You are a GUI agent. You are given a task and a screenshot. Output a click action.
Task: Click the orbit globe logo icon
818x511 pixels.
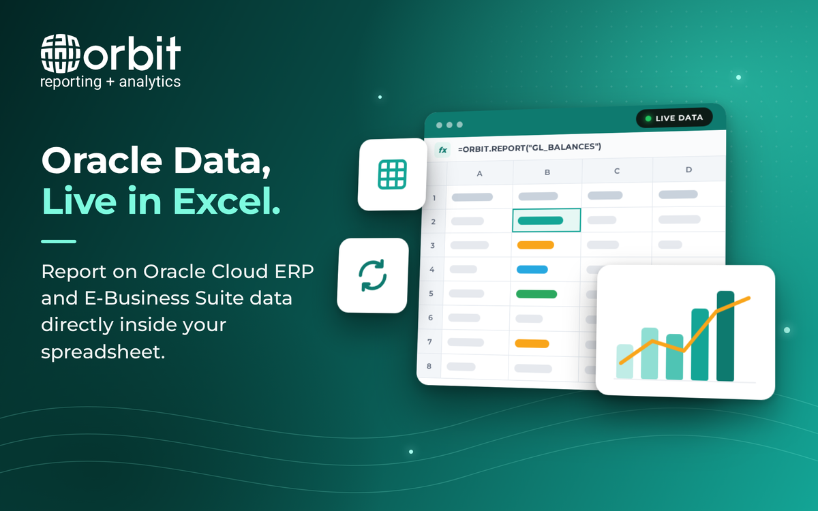click(60, 53)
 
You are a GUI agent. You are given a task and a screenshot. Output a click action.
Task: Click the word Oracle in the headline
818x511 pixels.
click(102, 161)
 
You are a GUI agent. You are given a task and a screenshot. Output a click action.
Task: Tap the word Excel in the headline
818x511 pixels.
click(226, 201)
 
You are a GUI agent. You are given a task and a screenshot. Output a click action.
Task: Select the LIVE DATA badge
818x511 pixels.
click(674, 118)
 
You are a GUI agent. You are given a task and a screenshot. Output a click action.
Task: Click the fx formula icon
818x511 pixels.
click(442, 150)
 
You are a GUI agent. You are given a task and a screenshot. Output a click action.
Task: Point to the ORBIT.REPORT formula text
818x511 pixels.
click(529, 147)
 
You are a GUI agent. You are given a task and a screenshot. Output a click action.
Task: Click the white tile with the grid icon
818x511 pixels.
click(392, 174)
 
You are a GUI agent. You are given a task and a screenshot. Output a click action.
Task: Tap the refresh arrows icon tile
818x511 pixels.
click(372, 275)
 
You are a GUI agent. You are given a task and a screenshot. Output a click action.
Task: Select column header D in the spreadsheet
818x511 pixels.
click(688, 170)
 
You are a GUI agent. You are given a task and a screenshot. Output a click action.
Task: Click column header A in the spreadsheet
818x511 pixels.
click(479, 174)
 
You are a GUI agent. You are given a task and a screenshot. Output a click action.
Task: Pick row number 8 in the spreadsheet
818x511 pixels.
click(429, 366)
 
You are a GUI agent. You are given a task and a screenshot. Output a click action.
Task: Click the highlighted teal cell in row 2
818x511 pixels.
click(546, 220)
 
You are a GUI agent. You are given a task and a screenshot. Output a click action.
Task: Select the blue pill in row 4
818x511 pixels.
click(532, 269)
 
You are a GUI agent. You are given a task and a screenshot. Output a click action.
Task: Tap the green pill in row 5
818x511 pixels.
click(536, 294)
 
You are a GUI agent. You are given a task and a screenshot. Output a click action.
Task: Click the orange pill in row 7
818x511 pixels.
click(532, 343)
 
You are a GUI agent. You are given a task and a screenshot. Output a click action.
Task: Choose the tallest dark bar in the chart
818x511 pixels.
click(725, 336)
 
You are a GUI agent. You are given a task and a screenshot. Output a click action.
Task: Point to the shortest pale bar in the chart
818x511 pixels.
click(625, 361)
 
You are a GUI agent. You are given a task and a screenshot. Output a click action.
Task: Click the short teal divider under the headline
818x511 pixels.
click(59, 241)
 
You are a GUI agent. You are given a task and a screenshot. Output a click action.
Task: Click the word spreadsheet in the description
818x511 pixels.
click(103, 352)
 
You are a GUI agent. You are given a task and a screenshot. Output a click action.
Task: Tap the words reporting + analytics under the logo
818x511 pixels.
click(110, 82)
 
